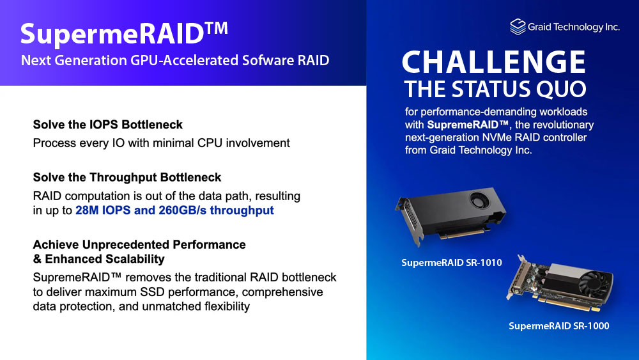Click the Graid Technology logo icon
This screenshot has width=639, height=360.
click(518, 27)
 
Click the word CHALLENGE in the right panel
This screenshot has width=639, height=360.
click(493, 62)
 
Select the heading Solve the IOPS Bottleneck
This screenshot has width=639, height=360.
click(107, 124)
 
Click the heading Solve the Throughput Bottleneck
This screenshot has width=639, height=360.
click(127, 177)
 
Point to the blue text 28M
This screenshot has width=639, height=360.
click(87, 210)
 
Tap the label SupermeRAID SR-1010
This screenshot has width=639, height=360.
click(452, 263)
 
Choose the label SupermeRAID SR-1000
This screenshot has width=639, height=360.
click(558, 325)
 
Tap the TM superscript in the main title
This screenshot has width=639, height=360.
click(215, 29)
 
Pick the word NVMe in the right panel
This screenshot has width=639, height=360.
click(494, 137)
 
